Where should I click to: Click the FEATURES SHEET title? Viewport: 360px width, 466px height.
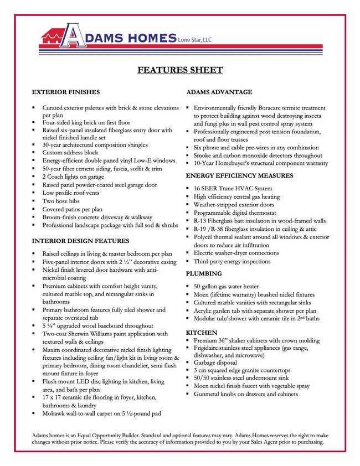pos(180,70)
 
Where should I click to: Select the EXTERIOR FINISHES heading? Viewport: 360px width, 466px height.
pos(66,92)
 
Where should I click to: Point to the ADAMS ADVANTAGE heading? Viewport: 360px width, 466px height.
pos(219,92)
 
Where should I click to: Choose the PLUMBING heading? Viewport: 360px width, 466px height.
pos(204,273)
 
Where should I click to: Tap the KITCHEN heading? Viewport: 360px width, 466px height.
pos(201,332)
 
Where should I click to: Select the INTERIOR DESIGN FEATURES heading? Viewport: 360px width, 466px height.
pos(80,241)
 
